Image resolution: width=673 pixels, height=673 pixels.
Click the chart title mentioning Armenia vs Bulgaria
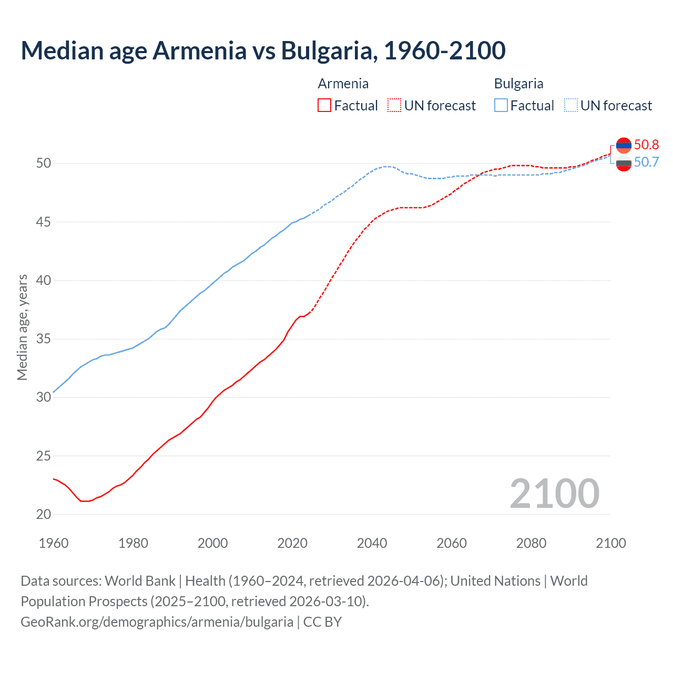(x=263, y=50)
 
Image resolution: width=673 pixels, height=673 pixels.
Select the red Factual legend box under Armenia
(x=324, y=105)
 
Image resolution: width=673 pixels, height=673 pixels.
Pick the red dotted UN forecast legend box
(x=394, y=105)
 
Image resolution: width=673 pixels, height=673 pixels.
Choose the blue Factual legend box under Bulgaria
(x=501, y=105)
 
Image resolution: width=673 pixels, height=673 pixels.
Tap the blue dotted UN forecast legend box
(x=570, y=105)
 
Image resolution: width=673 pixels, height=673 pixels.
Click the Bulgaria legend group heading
(x=518, y=84)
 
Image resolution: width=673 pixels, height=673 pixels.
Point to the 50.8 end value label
(x=646, y=145)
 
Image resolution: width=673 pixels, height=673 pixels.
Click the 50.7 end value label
(x=646, y=162)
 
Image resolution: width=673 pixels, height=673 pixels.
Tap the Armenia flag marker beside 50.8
(x=624, y=145)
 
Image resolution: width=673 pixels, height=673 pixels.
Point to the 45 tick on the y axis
(x=44, y=222)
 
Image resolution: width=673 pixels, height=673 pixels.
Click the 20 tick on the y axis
(x=44, y=514)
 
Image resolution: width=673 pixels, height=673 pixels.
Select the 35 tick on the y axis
(x=44, y=339)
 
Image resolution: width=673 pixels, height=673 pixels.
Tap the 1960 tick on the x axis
(x=54, y=543)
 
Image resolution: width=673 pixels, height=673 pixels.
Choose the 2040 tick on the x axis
(x=372, y=543)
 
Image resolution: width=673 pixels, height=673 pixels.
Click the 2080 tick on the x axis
(x=531, y=543)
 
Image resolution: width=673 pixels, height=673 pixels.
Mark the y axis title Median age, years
(x=22, y=327)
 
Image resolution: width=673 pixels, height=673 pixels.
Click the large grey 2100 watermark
(x=554, y=493)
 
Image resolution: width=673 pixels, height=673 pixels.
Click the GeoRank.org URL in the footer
(x=157, y=622)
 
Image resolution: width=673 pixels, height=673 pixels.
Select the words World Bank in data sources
(x=140, y=581)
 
